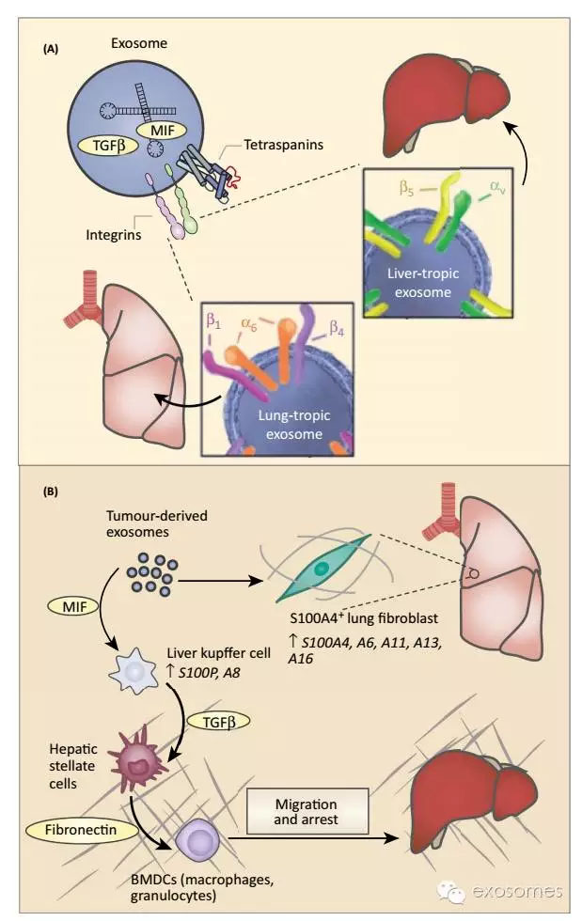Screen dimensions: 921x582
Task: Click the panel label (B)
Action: [x=52, y=490]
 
